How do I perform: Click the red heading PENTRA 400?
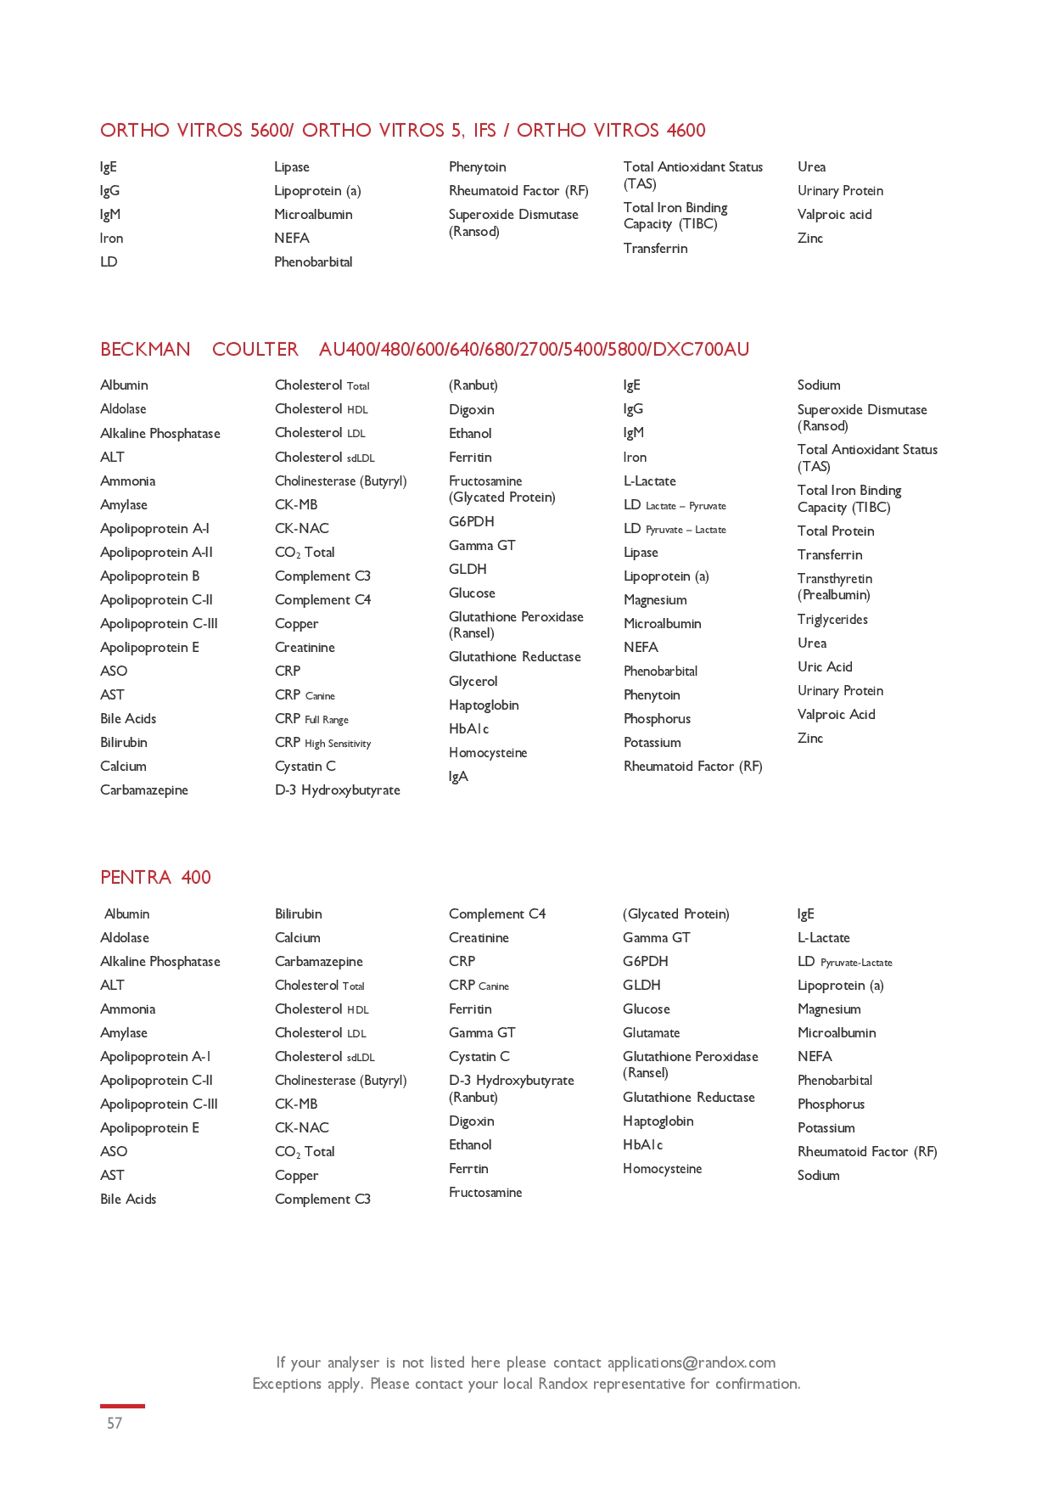(x=155, y=877)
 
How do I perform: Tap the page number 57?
(x=115, y=1423)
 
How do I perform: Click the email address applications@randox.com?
(x=691, y=1362)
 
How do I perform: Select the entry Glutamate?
(x=651, y=1032)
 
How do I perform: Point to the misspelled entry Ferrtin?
(x=468, y=1168)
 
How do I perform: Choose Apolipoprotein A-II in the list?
(x=156, y=552)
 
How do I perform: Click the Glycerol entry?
(x=473, y=681)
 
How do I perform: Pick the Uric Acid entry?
(x=825, y=666)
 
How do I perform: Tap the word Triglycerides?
(x=832, y=619)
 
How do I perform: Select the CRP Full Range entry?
(x=311, y=718)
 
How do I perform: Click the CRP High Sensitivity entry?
(x=322, y=742)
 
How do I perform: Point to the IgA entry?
(x=458, y=776)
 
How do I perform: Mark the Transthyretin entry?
(x=834, y=578)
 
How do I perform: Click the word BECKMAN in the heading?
(x=145, y=349)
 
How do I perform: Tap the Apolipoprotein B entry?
(x=149, y=576)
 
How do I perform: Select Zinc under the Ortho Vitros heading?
(x=810, y=238)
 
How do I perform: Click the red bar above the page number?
(x=122, y=1406)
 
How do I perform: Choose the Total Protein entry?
(x=836, y=531)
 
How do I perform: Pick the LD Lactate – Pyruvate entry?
(x=675, y=504)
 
